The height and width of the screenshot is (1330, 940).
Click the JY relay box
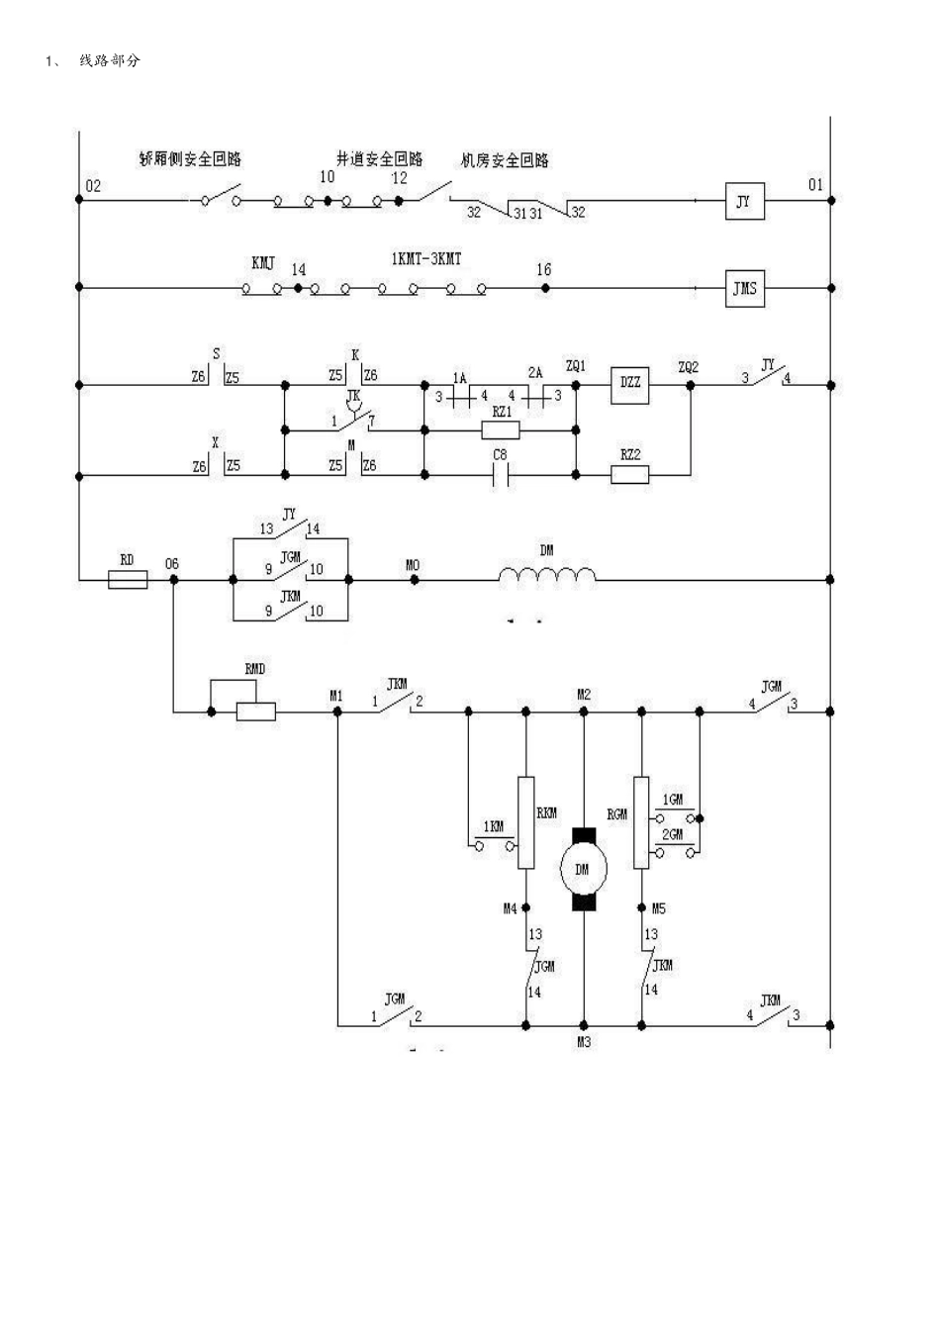[744, 201]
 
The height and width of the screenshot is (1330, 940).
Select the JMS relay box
[744, 289]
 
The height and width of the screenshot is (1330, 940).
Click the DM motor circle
[583, 869]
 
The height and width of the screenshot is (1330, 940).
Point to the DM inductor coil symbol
[547, 576]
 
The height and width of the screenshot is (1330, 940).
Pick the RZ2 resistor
[629, 475]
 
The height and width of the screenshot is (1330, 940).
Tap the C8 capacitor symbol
[501, 475]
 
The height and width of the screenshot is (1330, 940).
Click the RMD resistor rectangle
[255, 711]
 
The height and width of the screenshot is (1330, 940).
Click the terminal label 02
[93, 186]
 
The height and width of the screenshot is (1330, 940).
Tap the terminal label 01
[815, 185]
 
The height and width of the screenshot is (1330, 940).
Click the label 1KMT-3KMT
[425, 259]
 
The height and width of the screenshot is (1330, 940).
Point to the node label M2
[584, 695]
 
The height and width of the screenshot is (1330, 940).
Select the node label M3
[584, 1042]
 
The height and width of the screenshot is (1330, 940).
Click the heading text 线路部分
[110, 61]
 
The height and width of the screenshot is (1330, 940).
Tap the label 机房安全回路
[505, 160]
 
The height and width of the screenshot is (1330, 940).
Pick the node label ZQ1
[575, 365]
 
